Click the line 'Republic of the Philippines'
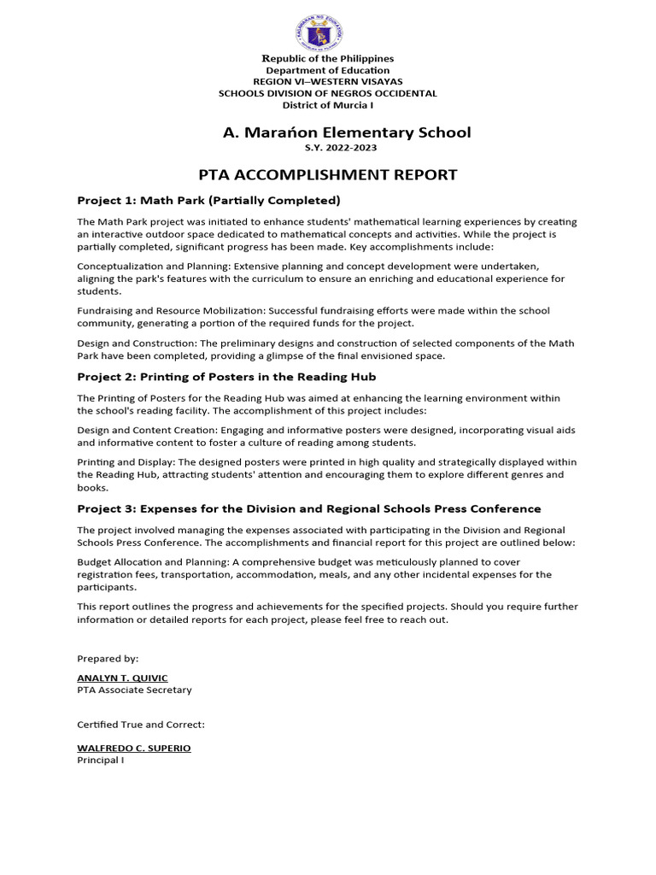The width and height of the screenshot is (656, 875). coord(328,58)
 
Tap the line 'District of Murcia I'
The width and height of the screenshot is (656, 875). coord(328,105)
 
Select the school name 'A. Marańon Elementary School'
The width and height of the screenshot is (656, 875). coord(346,132)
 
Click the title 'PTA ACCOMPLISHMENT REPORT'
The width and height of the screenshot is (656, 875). coord(328,175)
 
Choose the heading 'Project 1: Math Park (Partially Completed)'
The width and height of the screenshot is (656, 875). coord(208,201)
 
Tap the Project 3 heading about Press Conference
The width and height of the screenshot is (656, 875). coord(308,508)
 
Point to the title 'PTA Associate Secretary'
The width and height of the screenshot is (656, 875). coord(134,690)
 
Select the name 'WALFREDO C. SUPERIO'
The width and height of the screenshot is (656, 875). coord(134,748)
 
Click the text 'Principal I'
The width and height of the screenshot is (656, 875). coord(101,760)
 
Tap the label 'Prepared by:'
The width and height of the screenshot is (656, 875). coord(108,659)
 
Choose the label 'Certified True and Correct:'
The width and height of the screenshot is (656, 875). coord(141,725)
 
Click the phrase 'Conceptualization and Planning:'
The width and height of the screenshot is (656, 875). coord(153,266)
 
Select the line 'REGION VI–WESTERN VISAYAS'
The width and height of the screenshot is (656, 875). coord(328,82)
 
